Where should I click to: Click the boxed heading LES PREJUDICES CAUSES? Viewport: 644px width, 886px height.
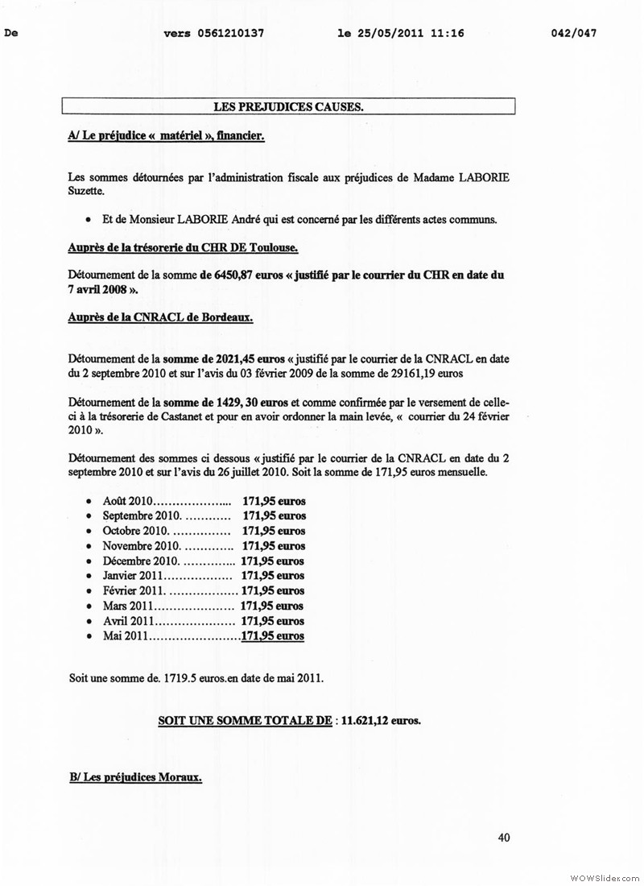coord(287,106)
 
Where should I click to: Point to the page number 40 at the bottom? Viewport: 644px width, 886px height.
coord(504,838)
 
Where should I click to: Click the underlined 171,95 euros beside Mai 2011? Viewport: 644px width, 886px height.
coord(273,636)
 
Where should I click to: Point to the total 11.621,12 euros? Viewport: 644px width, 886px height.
coord(381,719)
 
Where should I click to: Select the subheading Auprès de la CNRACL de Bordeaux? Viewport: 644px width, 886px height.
coord(161,317)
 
